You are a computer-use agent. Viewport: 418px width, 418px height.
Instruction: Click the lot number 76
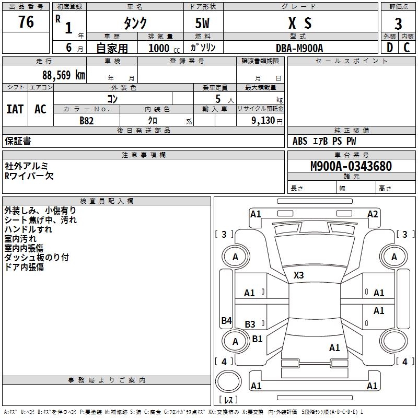(x=26, y=22)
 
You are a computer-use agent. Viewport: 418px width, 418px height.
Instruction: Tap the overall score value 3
(x=398, y=24)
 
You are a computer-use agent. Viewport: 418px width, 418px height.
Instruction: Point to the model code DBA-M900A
(x=299, y=48)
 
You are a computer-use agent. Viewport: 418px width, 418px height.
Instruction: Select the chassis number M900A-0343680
(x=351, y=166)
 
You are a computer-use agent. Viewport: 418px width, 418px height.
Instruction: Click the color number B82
(x=87, y=121)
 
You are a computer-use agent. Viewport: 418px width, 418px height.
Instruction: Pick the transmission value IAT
(x=15, y=109)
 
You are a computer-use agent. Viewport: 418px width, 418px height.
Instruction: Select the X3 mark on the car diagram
(x=298, y=275)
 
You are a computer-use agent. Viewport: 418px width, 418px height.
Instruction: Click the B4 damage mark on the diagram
(x=226, y=321)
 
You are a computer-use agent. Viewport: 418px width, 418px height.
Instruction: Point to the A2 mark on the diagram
(x=373, y=214)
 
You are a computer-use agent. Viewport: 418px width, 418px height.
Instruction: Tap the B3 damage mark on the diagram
(x=250, y=324)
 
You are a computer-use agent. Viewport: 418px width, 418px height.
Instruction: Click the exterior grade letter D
(x=389, y=48)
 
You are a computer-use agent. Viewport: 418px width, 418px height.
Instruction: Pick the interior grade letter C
(x=407, y=48)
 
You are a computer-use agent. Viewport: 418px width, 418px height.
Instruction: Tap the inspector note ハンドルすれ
(x=28, y=229)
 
